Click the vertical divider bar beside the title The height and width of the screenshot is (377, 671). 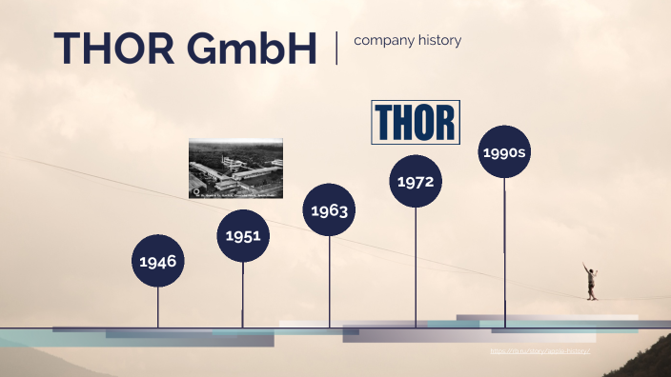336,48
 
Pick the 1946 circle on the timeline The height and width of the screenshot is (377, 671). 157,260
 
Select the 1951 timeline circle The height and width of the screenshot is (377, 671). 243,235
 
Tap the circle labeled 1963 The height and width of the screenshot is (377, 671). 329,209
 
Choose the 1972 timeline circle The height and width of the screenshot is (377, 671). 416,181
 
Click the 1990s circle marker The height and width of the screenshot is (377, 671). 504,151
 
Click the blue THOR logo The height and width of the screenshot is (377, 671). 415,122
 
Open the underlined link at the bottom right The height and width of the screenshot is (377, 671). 540,351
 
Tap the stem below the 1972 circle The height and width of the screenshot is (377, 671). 416,267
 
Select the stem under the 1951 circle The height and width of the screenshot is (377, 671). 243,295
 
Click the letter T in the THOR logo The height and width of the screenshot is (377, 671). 385,122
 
